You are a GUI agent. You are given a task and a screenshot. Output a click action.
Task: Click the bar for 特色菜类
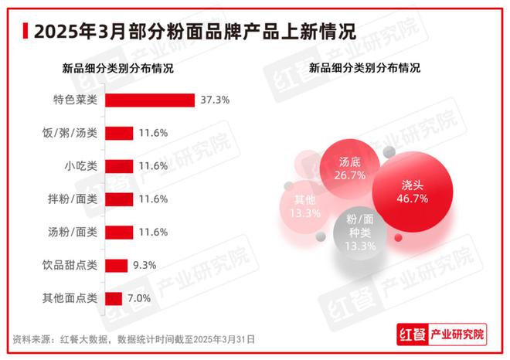[149, 100]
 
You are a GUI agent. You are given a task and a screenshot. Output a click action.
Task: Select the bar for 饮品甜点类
[116, 265]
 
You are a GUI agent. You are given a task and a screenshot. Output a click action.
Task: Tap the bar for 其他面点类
[113, 298]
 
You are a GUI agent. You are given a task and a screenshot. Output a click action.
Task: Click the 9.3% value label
[145, 265]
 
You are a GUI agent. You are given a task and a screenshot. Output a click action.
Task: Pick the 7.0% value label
[140, 298]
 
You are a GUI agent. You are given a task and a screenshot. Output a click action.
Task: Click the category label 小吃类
[80, 166]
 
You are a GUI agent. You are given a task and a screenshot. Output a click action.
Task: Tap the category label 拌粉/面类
[73, 199]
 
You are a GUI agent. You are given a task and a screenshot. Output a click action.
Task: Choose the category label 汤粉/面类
[73, 232]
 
